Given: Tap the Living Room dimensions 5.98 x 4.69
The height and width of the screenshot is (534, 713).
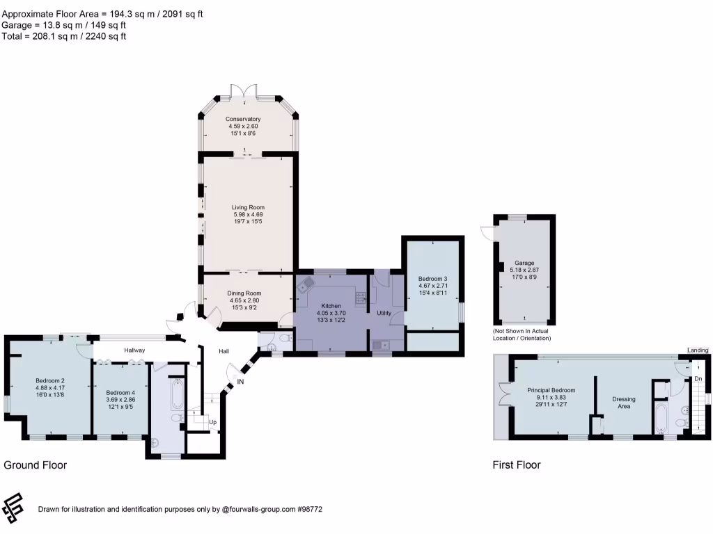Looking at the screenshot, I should pos(248,215).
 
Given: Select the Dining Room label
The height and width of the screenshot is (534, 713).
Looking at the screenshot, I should pos(244,293).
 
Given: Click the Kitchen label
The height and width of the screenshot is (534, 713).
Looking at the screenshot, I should pos(331,306).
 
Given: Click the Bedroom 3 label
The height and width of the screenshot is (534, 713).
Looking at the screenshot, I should pos(432,279).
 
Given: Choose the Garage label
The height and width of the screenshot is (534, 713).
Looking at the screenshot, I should pos(524,263).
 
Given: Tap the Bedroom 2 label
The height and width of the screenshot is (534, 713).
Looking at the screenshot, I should pos(50,380).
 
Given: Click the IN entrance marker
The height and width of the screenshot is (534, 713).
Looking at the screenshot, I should pos(241,382).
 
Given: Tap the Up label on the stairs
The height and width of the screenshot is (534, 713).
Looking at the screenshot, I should pos(213,422).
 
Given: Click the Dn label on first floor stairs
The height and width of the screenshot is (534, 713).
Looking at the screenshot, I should pos(698,378).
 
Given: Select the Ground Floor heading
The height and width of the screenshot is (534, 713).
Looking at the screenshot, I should pos(36,464).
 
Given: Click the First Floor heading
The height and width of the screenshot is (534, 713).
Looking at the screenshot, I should pos(517,464).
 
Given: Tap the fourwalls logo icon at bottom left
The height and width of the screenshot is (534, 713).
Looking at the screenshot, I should pos(13,508).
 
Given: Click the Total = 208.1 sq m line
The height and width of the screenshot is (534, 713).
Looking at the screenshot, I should pos(64,36).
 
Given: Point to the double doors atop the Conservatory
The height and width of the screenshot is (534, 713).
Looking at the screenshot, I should pos(248,91).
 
